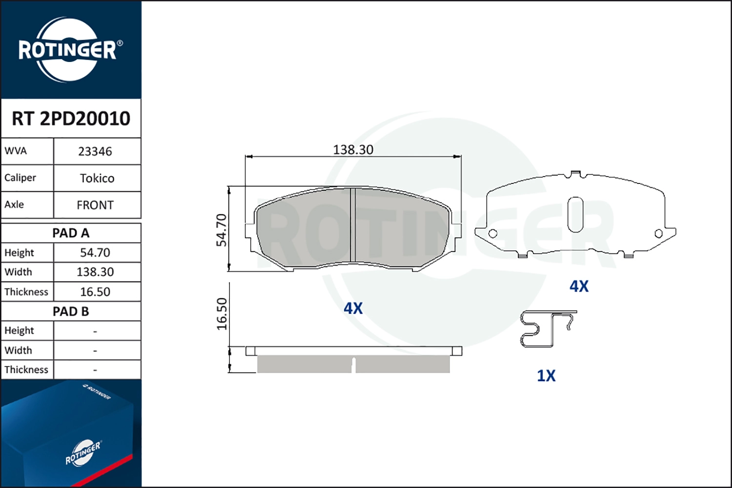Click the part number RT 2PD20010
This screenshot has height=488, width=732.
point(71,118)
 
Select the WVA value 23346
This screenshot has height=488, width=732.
point(95,152)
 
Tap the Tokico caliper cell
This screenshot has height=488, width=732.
point(97,179)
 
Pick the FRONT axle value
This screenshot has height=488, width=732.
point(95,205)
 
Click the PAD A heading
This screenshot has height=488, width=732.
point(71,233)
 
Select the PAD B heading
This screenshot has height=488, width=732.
point(71,311)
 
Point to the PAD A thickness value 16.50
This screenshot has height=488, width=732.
point(95,292)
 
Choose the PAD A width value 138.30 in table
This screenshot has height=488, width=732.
point(95,272)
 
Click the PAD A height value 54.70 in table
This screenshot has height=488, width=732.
point(95,253)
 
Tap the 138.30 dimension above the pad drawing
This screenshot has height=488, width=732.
point(353,150)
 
